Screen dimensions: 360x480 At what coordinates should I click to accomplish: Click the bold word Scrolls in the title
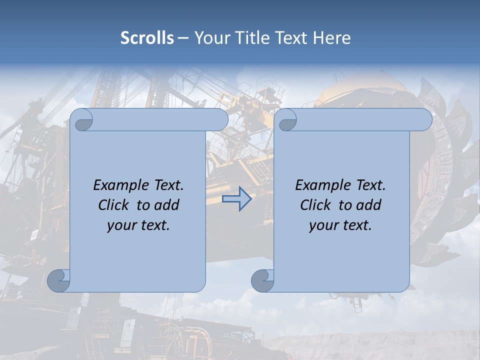tap(147, 38)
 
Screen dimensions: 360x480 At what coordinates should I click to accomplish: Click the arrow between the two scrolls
tap(236, 199)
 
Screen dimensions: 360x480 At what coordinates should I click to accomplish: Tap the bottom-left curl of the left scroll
tap(58, 280)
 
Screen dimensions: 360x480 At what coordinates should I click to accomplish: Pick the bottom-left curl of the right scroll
tap(262, 280)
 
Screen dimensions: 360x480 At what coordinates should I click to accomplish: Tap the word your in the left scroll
tap(122, 225)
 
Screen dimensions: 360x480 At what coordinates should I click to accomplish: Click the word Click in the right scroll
tap(315, 205)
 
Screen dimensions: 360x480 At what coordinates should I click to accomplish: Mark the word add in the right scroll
tap(368, 205)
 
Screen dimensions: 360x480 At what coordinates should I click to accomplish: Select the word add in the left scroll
tap(166, 205)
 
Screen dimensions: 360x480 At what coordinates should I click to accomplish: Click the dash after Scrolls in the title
tap(183, 38)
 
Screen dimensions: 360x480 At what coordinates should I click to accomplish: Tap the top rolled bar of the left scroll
tap(160, 119)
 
